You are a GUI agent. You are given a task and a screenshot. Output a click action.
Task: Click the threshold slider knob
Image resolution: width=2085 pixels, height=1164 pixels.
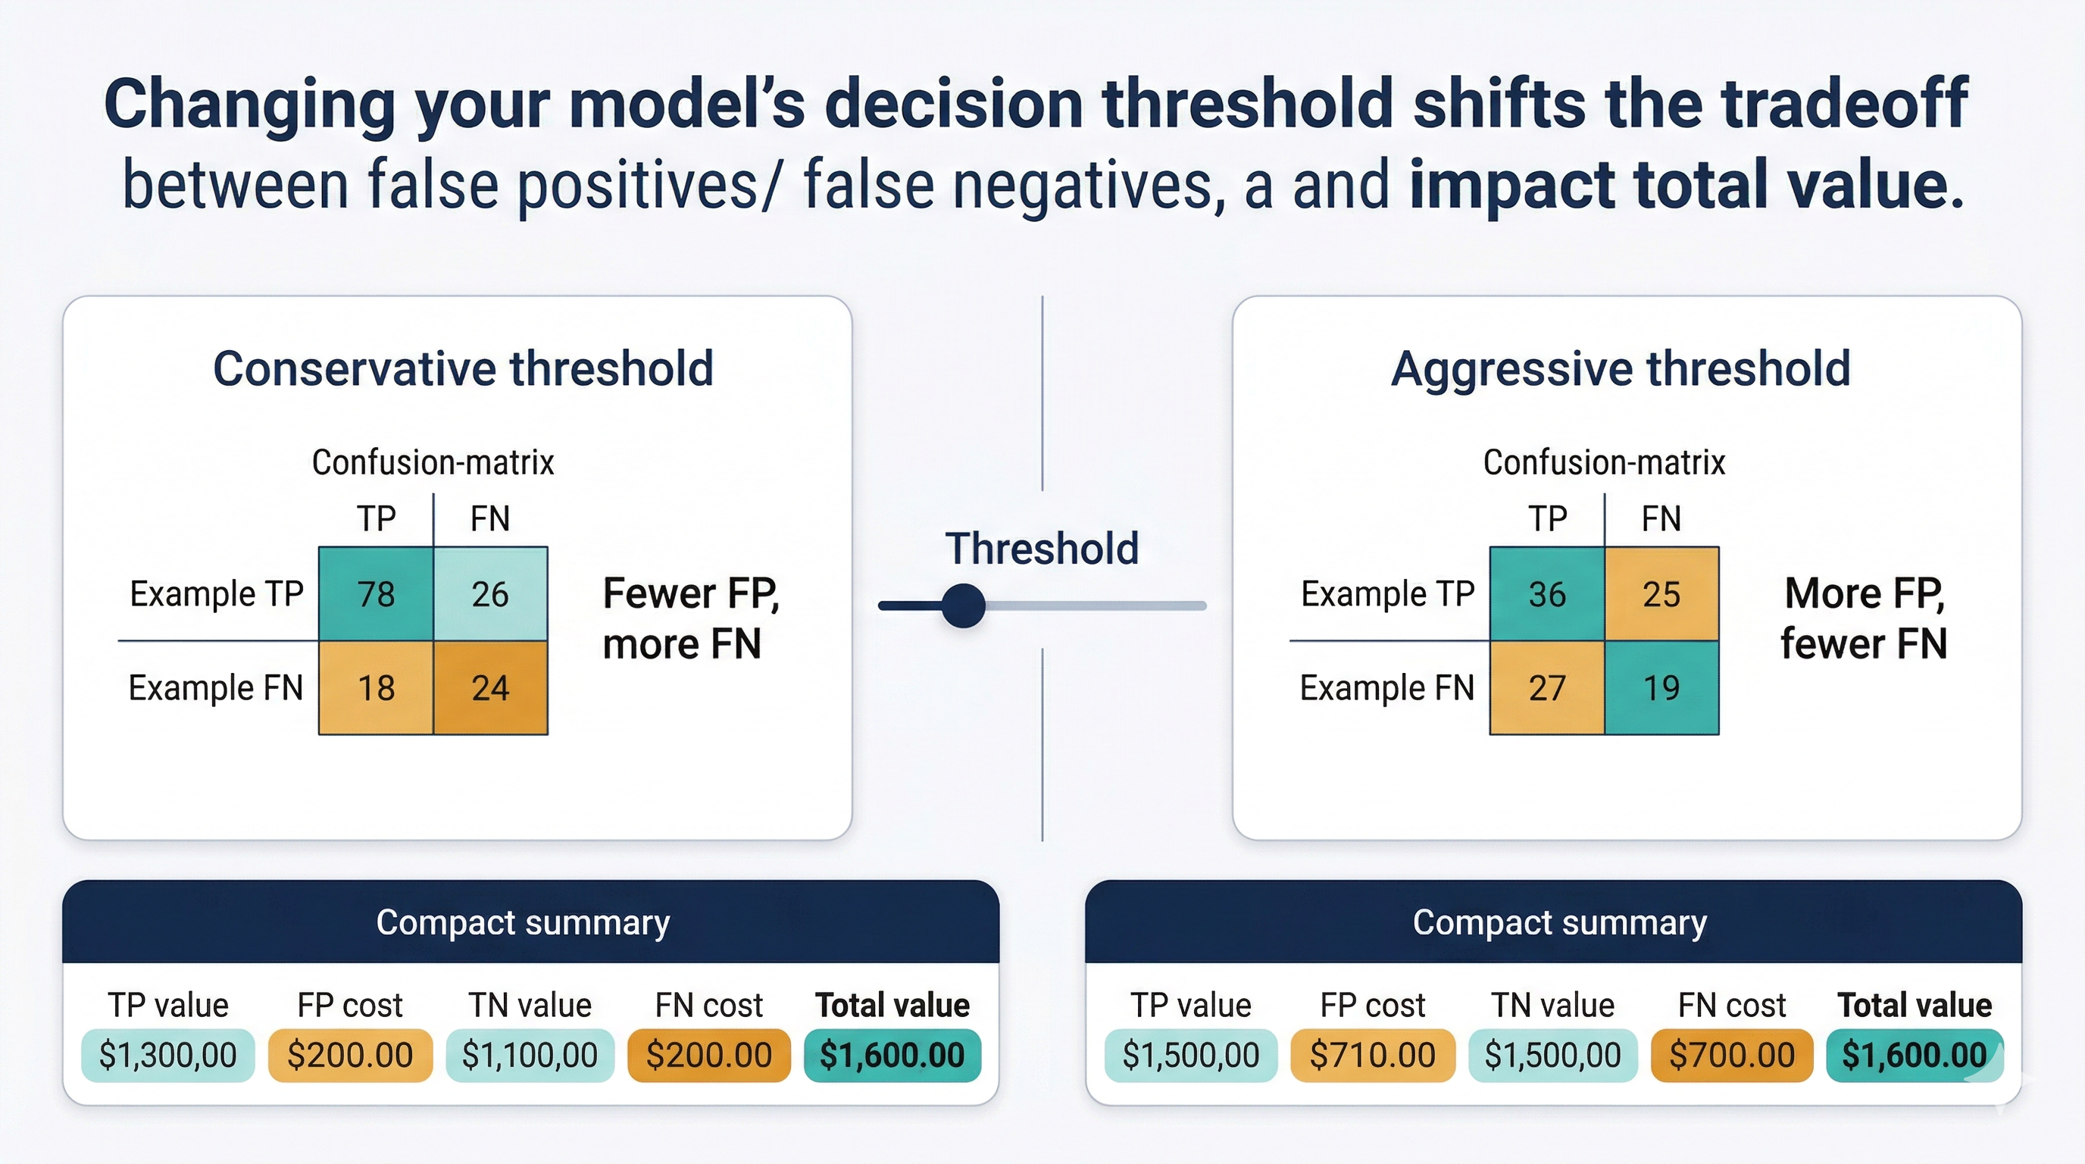963,605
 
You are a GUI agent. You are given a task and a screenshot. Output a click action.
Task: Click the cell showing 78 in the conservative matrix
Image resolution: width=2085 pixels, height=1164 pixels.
376,594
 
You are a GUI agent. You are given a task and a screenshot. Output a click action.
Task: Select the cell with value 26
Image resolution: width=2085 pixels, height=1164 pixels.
490,594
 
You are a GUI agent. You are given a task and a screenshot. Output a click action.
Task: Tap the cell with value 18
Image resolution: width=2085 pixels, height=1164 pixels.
376,688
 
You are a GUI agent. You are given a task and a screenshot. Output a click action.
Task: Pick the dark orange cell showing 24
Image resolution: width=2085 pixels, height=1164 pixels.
490,688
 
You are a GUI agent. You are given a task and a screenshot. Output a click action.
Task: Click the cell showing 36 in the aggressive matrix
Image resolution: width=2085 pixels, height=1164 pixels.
1547,594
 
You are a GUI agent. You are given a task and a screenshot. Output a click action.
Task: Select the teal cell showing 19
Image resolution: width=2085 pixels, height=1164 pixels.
1661,688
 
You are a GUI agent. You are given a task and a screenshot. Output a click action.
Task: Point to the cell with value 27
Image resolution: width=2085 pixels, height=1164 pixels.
1547,688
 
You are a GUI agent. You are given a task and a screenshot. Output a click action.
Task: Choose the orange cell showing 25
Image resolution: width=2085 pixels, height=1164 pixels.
1661,594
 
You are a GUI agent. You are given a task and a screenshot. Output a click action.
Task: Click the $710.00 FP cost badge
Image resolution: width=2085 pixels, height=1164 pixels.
1373,1056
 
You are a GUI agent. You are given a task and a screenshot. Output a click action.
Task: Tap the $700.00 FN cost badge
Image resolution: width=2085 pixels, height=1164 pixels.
1732,1056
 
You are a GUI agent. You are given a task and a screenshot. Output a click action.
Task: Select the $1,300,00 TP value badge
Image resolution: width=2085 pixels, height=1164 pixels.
168,1056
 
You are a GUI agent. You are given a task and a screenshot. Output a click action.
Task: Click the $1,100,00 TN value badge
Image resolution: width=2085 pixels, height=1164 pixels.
530,1056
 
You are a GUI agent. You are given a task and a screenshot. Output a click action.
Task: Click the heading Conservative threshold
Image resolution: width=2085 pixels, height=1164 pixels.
463,369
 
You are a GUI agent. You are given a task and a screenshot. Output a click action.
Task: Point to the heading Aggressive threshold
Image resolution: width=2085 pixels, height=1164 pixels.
1621,369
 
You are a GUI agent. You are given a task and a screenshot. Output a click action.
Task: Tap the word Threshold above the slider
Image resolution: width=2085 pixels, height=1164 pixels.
1042,549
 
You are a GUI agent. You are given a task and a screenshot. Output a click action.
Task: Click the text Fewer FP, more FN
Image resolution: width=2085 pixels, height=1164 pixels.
690,618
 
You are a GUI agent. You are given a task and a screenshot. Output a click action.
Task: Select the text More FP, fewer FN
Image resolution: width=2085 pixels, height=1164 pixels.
1864,618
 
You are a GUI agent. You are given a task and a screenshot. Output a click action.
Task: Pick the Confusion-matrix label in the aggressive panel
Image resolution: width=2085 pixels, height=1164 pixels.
1604,463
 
